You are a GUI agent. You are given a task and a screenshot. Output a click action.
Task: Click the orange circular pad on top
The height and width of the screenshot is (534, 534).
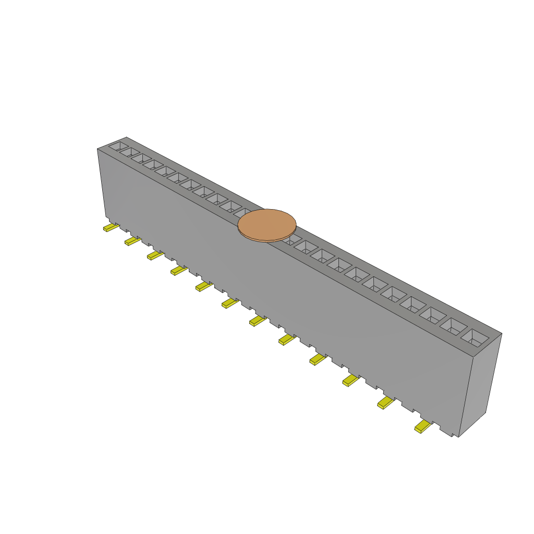click(x=267, y=224)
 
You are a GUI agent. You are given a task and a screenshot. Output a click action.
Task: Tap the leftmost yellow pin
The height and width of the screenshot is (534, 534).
click(x=111, y=228)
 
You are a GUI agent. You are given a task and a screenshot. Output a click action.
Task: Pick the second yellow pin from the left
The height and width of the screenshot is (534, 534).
click(x=132, y=240)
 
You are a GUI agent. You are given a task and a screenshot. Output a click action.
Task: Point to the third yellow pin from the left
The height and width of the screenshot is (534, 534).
click(x=154, y=254)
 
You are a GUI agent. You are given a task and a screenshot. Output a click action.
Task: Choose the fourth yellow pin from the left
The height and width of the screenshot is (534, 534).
click(x=178, y=270)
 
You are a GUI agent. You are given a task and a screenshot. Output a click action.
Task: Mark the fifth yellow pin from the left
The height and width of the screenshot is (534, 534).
click(x=203, y=286)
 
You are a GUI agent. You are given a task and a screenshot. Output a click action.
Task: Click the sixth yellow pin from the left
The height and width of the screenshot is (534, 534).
click(x=229, y=303)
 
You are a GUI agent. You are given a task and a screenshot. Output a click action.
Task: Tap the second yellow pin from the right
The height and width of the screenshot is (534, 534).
click(x=385, y=402)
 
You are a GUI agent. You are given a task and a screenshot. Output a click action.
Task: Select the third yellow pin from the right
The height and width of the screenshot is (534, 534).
click(x=350, y=380)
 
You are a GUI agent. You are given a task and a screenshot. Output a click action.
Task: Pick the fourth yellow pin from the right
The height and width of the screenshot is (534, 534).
click(x=317, y=359)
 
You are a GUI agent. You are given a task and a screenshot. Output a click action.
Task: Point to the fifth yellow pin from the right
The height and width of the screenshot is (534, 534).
click(x=286, y=340)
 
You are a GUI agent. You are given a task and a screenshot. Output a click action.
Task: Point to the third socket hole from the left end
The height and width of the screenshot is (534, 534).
click(x=141, y=158)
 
